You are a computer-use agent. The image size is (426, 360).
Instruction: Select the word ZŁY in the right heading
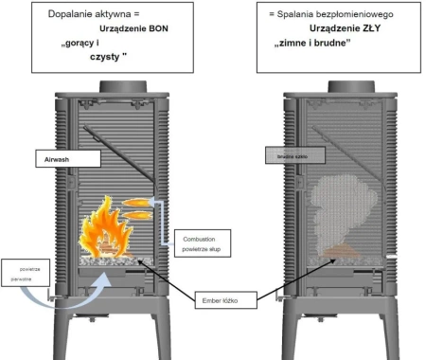coord(355,28)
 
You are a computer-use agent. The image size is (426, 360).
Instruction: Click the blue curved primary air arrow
coord(54,284)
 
